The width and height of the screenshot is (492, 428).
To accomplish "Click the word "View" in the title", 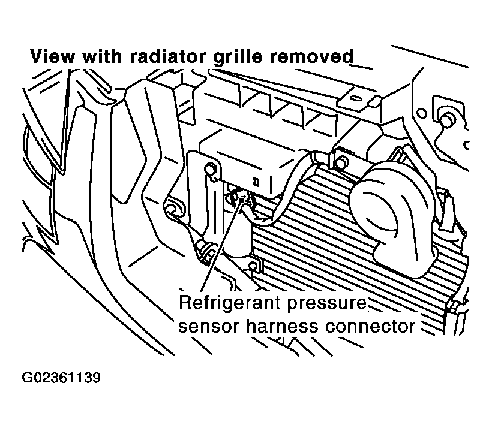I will pyautogui.click(x=50, y=58).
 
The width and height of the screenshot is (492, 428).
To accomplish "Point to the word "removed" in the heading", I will pyautogui.click(x=313, y=58).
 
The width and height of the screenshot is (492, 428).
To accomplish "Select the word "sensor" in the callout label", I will pyautogui.click(x=206, y=327).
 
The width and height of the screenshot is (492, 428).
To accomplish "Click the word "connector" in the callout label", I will pyautogui.click(x=371, y=327).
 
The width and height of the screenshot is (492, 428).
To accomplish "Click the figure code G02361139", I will pyautogui.click(x=61, y=379).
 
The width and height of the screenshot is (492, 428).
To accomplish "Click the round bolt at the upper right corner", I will pyautogui.click(x=445, y=119).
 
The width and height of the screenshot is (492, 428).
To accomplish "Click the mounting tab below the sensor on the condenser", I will pyautogui.click(x=254, y=264).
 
